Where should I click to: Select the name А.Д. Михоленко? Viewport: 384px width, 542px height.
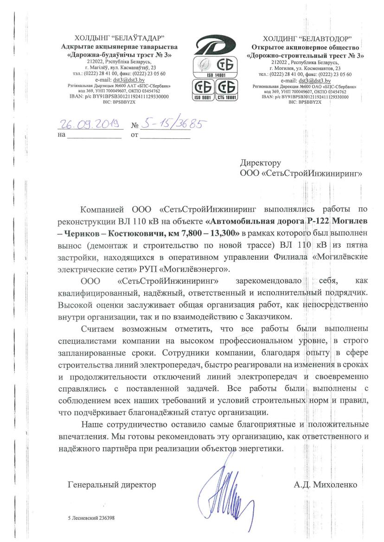325,485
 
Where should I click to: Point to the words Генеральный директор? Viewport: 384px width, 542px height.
112,485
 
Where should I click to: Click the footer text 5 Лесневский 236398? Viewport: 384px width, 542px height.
91,518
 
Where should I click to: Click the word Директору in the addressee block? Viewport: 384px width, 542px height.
261,163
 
